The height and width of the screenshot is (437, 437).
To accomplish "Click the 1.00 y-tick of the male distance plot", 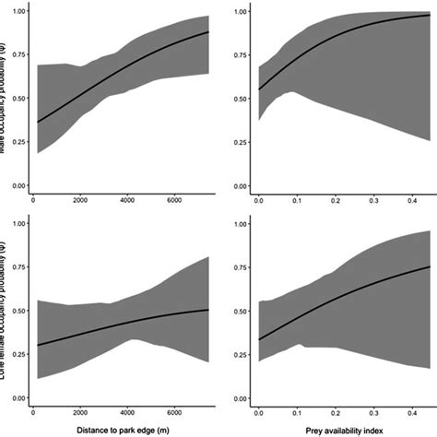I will point(16,12).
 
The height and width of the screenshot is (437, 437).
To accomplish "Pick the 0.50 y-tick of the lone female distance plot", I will point(16,310).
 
